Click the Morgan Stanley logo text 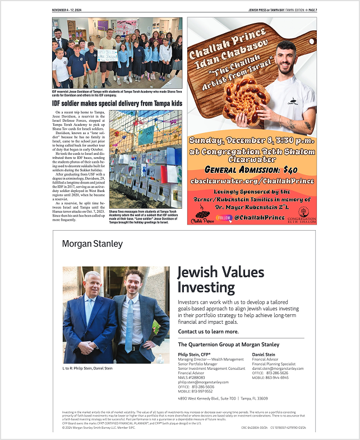tap(92, 244)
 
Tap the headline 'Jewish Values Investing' tap(221, 279)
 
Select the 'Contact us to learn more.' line tap(207, 332)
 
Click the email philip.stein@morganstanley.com tap(204, 382)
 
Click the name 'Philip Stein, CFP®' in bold tap(194, 355)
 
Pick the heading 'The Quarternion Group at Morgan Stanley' tap(228, 344)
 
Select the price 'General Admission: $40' tap(251, 169)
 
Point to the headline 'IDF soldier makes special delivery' tap(117, 104)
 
